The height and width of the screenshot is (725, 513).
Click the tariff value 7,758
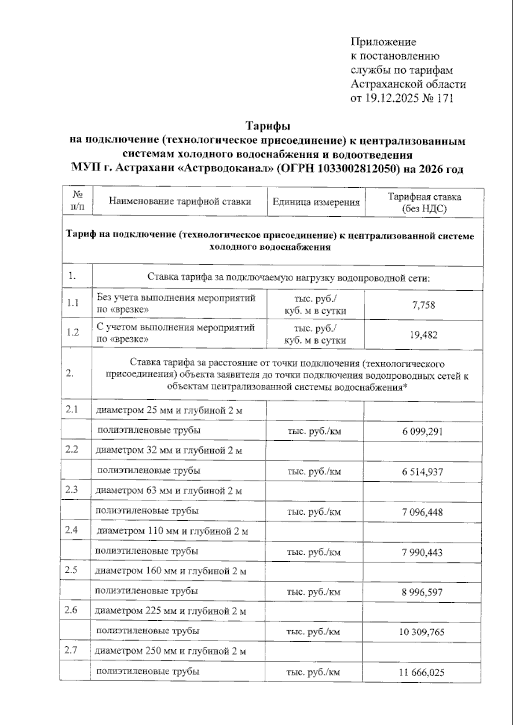(424, 305)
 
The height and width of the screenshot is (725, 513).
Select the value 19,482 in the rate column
(424, 335)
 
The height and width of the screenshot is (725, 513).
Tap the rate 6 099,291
(422, 432)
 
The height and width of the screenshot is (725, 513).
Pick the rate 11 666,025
(422, 672)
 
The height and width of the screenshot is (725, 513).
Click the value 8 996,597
(422, 592)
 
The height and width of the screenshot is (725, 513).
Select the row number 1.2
(73, 332)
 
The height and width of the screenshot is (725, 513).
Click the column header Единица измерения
(316, 202)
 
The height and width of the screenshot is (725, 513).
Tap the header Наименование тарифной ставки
(180, 201)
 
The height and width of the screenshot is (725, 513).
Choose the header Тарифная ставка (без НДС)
(424, 203)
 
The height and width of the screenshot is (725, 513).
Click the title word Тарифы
(268, 126)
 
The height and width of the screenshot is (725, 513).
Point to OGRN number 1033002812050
(357, 169)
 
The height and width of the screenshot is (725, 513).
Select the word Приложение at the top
(383, 42)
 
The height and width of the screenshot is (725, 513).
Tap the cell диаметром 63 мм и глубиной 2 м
(168, 491)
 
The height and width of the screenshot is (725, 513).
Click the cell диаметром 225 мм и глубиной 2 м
(170, 611)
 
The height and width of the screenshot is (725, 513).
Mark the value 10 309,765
(422, 632)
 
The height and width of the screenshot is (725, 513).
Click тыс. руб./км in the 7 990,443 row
(314, 552)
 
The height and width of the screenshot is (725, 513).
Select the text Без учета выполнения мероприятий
(176, 298)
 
